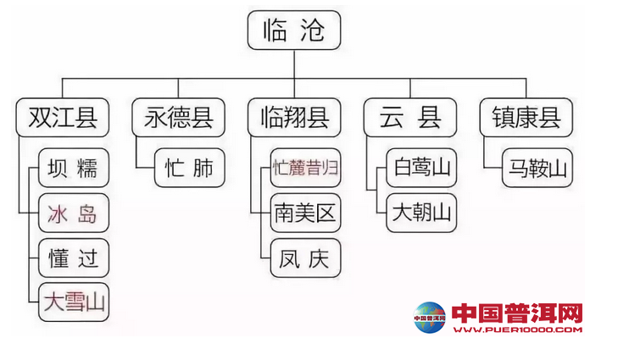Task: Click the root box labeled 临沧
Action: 294,31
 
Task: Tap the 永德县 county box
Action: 178,118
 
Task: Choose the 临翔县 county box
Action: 294,118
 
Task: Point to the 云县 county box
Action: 409,118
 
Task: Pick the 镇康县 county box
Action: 526,118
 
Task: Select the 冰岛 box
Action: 74,213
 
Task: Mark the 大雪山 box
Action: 74,302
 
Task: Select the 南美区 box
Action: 305,213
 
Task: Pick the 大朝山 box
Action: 421,213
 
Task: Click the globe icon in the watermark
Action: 431,318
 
